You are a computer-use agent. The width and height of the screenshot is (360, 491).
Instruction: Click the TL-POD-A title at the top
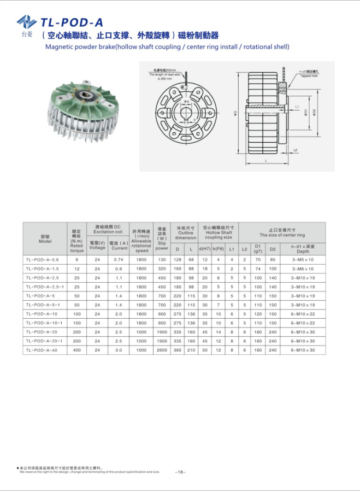(71, 22)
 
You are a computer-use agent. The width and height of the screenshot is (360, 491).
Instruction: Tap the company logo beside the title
(26, 22)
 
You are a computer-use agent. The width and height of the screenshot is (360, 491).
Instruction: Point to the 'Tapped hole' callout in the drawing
(308, 74)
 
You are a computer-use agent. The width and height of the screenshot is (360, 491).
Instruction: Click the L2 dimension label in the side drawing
(295, 149)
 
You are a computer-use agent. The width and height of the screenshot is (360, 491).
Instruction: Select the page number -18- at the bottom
(180, 471)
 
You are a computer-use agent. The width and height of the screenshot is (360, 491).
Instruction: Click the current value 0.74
(119, 260)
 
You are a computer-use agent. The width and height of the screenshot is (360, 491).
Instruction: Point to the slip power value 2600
(162, 350)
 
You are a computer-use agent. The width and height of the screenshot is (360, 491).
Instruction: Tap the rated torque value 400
(77, 350)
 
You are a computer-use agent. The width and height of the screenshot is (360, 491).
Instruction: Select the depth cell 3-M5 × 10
(303, 260)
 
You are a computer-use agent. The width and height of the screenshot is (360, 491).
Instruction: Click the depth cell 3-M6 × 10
(303, 269)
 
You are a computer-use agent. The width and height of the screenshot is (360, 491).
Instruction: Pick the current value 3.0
(119, 350)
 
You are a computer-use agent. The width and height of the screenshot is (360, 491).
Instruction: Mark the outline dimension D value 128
(177, 260)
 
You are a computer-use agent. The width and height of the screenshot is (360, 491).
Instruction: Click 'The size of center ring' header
(282, 233)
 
